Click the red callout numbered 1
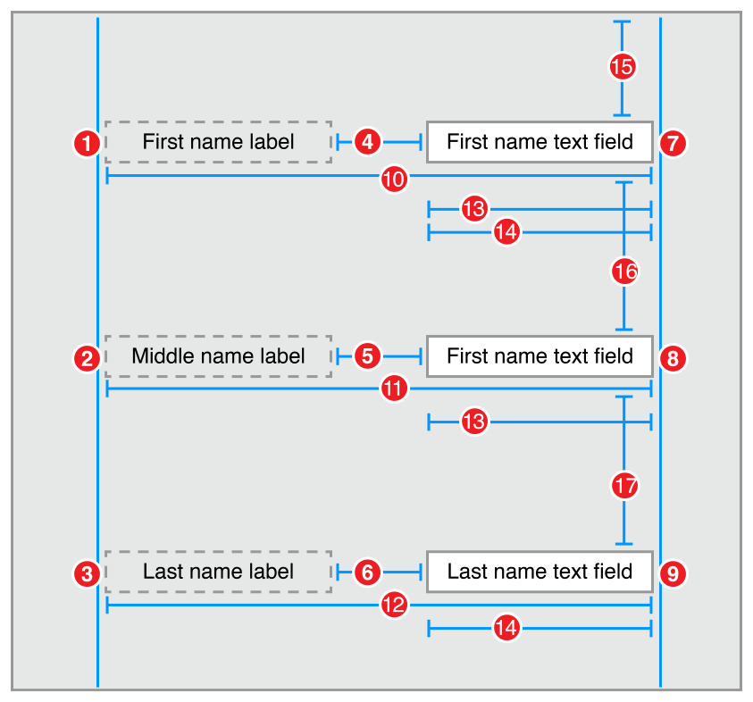click(x=87, y=142)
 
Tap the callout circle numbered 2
click(x=87, y=358)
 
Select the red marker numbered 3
click(x=87, y=572)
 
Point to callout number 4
click(x=368, y=141)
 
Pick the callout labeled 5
click(x=368, y=355)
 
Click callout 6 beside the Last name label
click(x=368, y=572)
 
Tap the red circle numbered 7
click(x=673, y=142)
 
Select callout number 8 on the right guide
click(x=673, y=358)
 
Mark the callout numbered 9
click(x=673, y=572)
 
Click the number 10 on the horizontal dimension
click(x=394, y=179)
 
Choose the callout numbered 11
click(x=394, y=389)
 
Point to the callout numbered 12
click(x=394, y=606)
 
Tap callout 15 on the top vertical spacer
click(x=623, y=65)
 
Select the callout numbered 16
click(x=624, y=271)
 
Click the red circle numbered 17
click(x=624, y=486)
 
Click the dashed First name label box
click(x=218, y=142)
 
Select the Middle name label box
click(x=218, y=356)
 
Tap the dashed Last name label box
click(x=218, y=572)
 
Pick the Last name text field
click(x=540, y=572)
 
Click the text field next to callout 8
click(x=540, y=356)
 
